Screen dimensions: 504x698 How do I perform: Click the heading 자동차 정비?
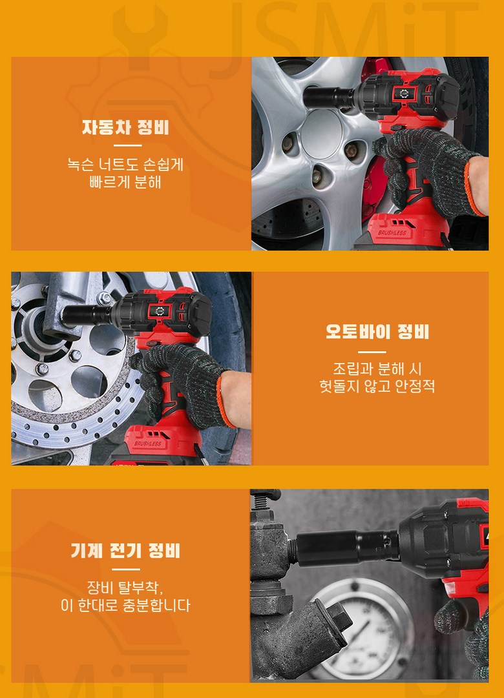[125, 127]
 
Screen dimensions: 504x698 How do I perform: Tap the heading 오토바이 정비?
[377, 332]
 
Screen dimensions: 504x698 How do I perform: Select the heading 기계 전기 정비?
[125, 551]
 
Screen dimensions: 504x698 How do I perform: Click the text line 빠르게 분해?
[125, 182]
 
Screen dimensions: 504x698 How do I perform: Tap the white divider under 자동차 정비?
[127, 145]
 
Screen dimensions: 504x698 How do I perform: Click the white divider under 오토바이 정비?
[372, 352]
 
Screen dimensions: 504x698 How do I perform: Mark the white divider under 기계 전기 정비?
[125, 570]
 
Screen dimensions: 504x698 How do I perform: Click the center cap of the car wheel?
[321, 134]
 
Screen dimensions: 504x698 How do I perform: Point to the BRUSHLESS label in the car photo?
[392, 232]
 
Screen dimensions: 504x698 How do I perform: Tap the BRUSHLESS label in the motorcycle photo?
[148, 444]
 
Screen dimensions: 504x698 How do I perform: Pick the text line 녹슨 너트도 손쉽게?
[125, 164]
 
